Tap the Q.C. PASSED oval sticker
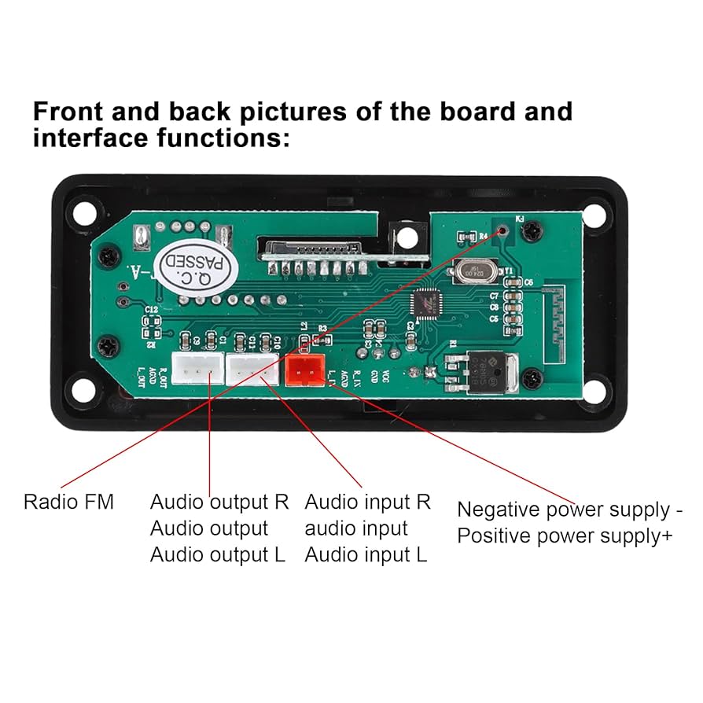point(186,269)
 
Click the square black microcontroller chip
point(428,304)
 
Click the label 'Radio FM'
point(68,502)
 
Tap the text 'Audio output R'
point(219,502)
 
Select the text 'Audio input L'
point(366,555)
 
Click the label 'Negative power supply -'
point(569,510)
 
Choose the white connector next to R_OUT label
point(197,368)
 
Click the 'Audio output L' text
point(218,555)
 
